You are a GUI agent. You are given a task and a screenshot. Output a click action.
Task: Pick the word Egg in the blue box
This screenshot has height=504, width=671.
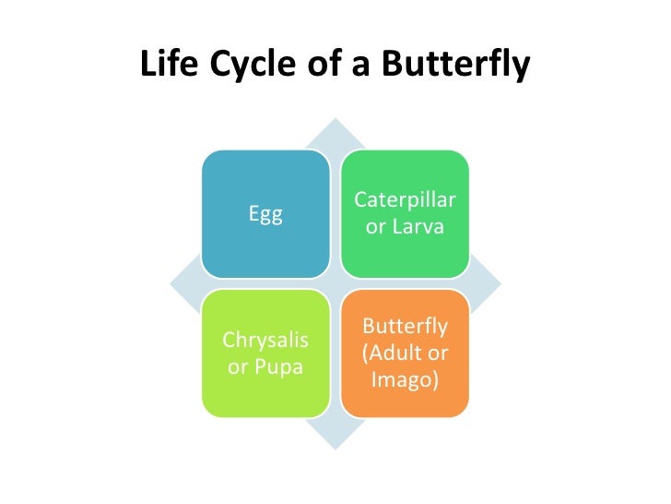pyautogui.click(x=265, y=214)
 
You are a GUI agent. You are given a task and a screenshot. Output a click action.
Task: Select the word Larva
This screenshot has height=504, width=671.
pyautogui.click(x=418, y=227)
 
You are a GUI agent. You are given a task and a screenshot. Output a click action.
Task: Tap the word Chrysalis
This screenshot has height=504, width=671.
pyautogui.click(x=265, y=341)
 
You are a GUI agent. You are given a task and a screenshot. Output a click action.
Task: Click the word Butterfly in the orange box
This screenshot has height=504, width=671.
pyautogui.click(x=405, y=327)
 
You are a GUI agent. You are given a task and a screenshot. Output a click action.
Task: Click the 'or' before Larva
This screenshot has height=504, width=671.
pyautogui.click(x=376, y=227)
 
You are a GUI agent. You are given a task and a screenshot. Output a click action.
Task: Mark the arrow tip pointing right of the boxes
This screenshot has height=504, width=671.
pyautogui.click(x=491, y=283)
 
